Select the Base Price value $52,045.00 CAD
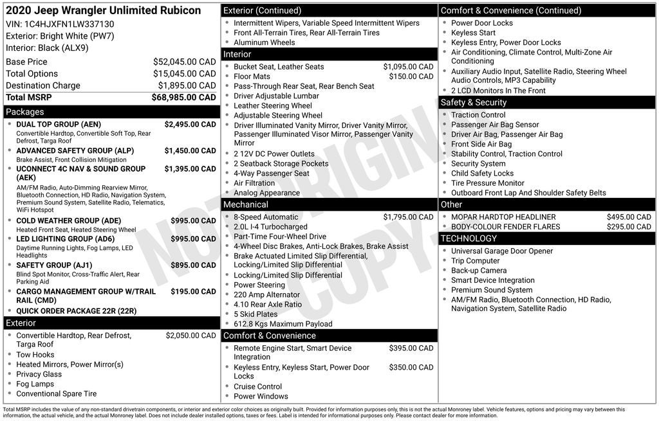coord(184,62)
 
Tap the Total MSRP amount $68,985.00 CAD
coord(183,98)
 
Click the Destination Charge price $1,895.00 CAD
coord(187,85)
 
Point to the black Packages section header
coord(111,112)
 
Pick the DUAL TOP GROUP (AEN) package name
coord(59,125)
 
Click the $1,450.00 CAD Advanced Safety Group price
coord(190,151)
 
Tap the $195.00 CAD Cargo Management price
coord(193,292)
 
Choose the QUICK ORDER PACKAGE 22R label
coord(76,311)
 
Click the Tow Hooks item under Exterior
coord(35,355)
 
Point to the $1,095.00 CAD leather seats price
coord(408,67)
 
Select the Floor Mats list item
coord(252,76)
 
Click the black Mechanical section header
coord(329,204)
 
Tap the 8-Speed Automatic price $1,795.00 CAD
coord(408,217)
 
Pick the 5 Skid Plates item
coord(255,314)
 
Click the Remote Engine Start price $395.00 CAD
coord(411,348)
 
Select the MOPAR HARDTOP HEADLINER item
coord(503,217)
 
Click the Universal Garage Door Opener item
coord(502,251)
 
